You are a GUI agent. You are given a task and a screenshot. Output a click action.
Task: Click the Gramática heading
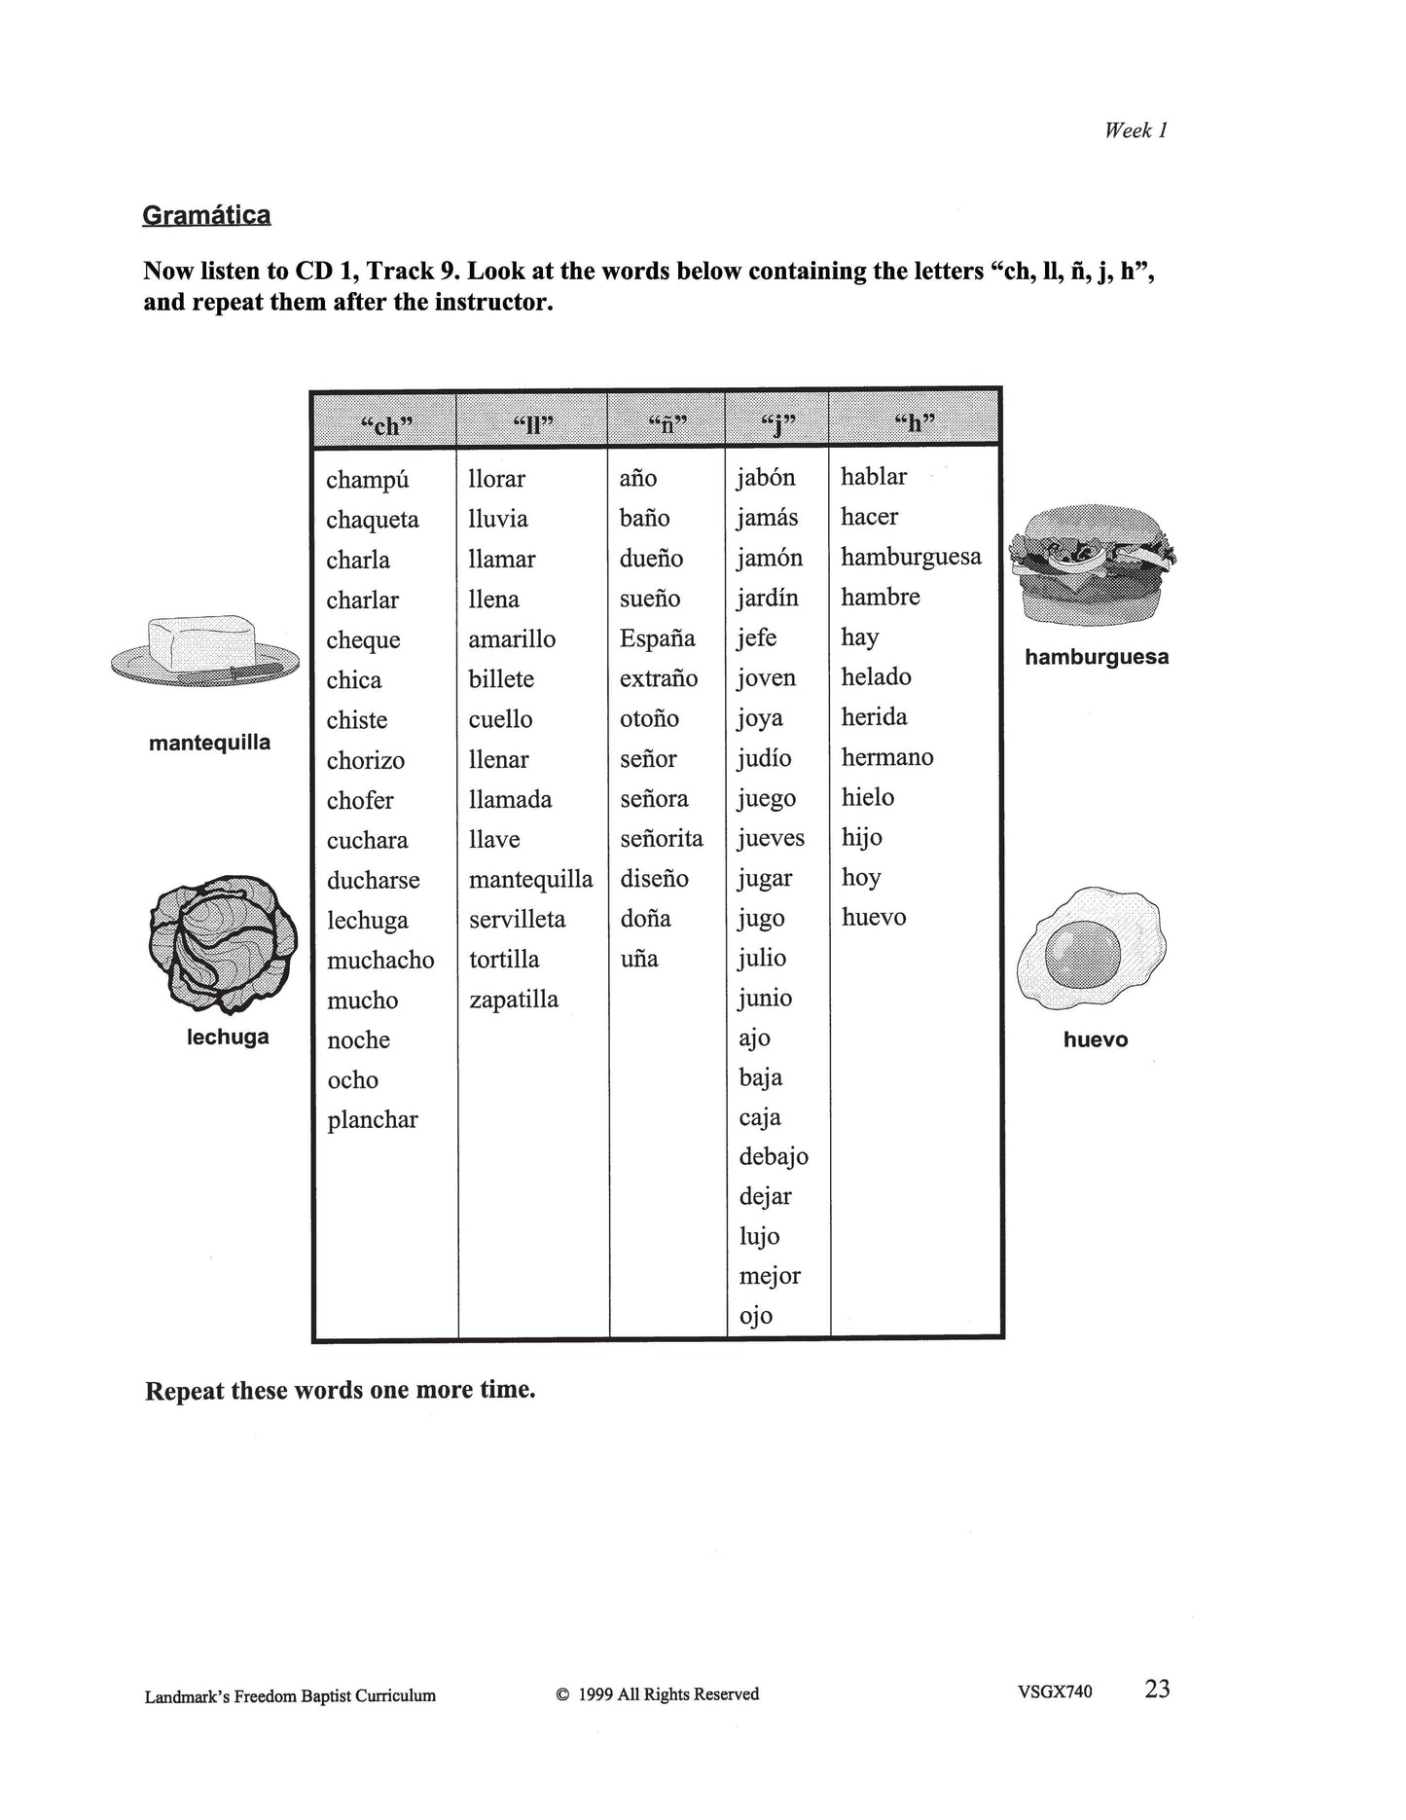coord(206,215)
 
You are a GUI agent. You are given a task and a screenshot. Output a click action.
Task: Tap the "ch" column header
coord(386,424)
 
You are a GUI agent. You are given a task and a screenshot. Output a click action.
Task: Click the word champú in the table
coord(368,480)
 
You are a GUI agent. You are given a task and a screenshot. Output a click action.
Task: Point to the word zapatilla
coord(514,1000)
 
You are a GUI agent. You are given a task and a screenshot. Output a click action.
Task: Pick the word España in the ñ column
coord(658,638)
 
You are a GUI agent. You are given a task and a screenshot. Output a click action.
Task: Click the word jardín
coord(767,598)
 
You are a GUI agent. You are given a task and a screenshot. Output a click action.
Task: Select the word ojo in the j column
coord(756,1316)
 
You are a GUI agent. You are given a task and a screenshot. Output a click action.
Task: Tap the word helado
coord(876,677)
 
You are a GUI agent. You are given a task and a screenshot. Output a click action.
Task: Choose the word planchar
coord(373,1120)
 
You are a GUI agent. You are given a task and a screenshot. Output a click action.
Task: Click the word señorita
coord(662,839)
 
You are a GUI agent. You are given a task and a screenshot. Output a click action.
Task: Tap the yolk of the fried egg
coord(1083,951)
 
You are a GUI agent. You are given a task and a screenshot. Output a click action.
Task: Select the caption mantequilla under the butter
coord(210,743)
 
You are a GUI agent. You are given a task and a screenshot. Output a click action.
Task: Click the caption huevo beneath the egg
coord(1096,1039)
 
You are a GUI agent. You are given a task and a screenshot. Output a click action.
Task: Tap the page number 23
coord(1157,1689)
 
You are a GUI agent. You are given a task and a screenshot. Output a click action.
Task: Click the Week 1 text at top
coord(1136,130)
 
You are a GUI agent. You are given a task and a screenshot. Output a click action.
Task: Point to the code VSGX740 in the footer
coord(1055,1692)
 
